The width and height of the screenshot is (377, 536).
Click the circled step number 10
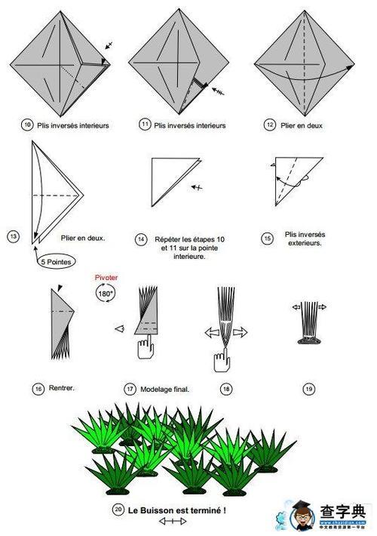coord(28,125)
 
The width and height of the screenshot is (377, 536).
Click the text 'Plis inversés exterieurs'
coord(304,239)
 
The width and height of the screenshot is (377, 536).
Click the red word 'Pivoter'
coord(105,278)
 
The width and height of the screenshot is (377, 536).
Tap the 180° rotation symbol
coord(105,294)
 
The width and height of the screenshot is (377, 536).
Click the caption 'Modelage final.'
coord(164,389)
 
